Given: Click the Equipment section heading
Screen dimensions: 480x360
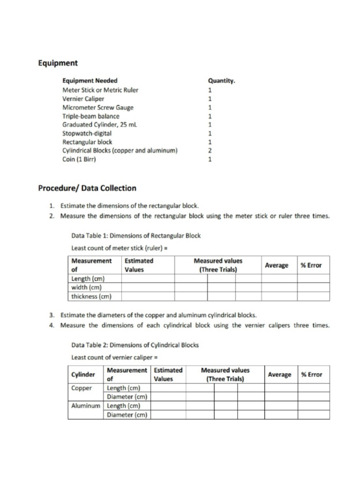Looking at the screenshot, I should [x=58, y=63].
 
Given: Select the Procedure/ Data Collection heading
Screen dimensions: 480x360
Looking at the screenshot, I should [x=87, y=188].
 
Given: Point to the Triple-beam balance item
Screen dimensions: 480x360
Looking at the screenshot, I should [x=91, y=116].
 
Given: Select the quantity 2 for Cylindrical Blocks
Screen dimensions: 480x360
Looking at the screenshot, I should [x=210, y=150].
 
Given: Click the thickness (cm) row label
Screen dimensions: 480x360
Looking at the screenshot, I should [x=91, y=296].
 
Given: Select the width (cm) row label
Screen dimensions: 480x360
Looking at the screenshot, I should [x=87, y=287].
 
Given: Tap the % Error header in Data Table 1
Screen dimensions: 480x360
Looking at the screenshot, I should [x=311, y=265].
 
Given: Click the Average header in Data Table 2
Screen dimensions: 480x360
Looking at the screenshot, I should [x=279, y=375].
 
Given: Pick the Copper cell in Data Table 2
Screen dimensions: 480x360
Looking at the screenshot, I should [x=82, y=388].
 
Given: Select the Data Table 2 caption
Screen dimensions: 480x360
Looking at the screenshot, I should [x=135, y=345].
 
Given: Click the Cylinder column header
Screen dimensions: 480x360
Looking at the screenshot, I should [x=83, y=375].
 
